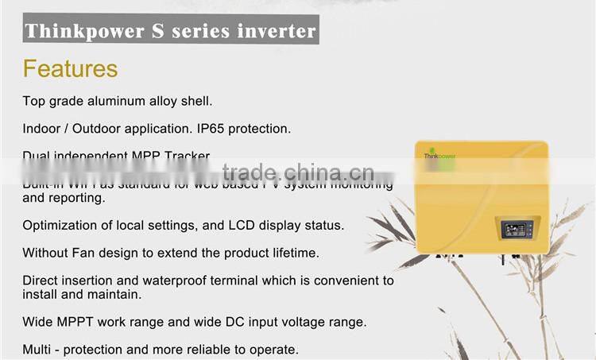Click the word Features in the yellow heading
(70, 68)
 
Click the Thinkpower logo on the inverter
(438, 157)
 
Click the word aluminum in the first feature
(110, 101)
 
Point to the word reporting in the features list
(77, 198)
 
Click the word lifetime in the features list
(291, 253)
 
